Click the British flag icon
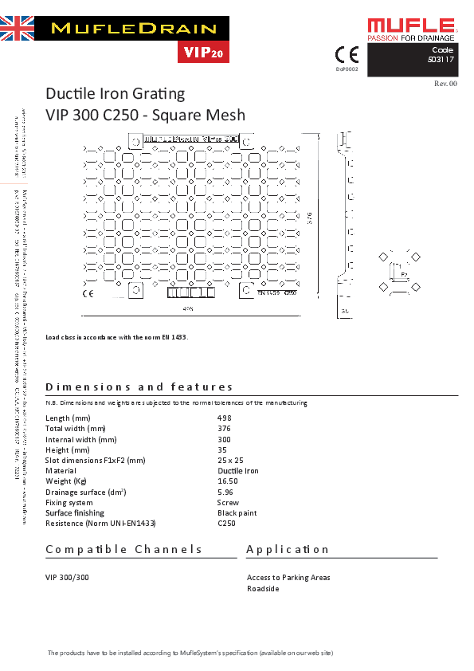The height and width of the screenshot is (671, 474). coord(17,29)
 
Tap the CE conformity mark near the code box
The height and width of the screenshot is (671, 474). coord(347,55)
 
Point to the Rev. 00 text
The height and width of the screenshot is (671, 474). coord(445,83)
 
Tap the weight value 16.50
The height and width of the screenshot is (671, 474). coord(228,481)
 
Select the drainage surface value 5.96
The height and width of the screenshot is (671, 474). coord(225,492)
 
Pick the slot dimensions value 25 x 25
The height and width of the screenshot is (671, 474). coord(230,460)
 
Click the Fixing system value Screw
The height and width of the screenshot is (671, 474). coord(228,503)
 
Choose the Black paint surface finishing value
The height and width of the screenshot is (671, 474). coord(237,513)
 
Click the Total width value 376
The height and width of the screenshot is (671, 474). coord(224,428)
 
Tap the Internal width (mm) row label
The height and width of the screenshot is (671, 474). coord(81,439)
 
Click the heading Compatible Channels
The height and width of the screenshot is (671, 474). coord(124,549)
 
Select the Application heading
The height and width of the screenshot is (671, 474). coord(288,549)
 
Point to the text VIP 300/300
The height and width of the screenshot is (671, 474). coord(67,577)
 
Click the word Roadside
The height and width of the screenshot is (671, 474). coord(263,588)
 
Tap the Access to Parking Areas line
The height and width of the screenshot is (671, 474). coord(288,577)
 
